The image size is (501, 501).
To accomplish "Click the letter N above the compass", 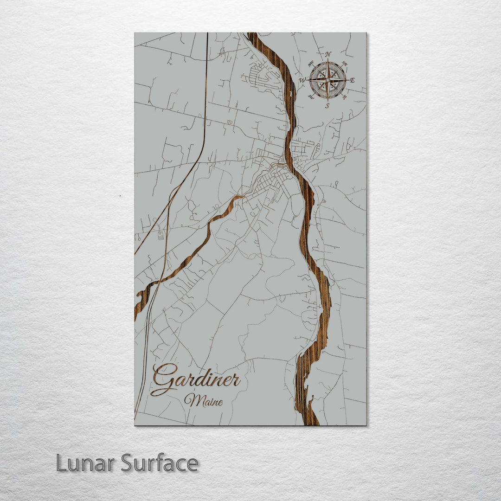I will click(x=328, y=54).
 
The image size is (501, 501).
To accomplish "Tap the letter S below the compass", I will click(x=327, y=106).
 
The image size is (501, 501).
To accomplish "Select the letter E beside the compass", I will click(x=353, y=80).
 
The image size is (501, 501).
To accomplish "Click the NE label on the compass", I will click(x=344, y=64).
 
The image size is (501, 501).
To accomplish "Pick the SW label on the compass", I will click(x=311, y=97).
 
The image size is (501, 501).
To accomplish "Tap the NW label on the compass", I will click(x=311, y=64).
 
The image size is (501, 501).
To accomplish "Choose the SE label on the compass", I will click(x=345, y=97).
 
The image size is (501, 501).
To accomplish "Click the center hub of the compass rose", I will click(x=328, y=80).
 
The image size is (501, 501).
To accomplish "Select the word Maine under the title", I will click(x=203, y=400).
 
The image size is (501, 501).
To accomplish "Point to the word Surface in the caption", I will click(x=160, y=463).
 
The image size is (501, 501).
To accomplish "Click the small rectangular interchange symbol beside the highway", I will click(x=161, y=235).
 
